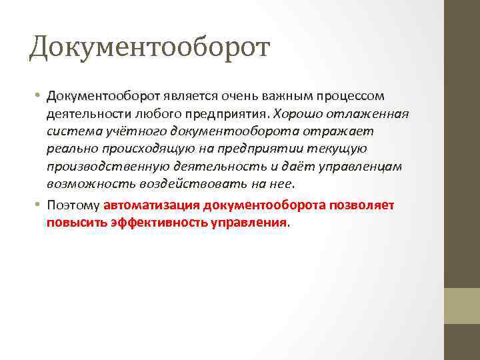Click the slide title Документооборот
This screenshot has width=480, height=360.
[149, 47]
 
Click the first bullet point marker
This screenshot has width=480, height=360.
[40, 97]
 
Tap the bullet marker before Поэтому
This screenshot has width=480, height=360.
[40, 205]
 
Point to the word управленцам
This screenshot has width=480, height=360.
[363, 166]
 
